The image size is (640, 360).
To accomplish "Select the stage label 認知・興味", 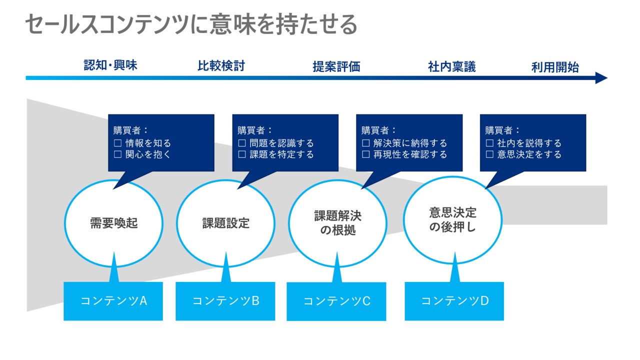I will [x=110, y=65].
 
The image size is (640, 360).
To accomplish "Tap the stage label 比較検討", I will [x=221, y=65].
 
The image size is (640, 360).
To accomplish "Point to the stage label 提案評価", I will [x=336, y=66].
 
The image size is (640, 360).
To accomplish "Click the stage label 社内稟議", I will [x=451, y=66].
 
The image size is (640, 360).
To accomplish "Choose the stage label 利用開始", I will [x=555, y=67].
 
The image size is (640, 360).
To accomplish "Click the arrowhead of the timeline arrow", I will [x=601, y=78].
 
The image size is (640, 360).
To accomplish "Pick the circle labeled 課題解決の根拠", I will [x=337, y=223].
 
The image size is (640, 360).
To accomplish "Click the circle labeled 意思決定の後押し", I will [x=452, y=220].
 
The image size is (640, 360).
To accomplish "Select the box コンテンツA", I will [x=113, y=301].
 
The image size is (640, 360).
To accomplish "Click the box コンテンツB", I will [x=225, y=301].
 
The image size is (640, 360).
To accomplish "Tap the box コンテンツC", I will [x=336, y=301].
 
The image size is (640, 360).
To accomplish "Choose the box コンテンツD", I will [x=454, y=301].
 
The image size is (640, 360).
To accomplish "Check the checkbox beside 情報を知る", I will [x=118, y=143].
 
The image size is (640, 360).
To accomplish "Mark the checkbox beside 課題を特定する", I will [x=242, y=155].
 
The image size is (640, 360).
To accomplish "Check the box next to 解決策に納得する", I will [x=365, y=143].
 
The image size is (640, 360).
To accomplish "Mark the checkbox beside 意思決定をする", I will [x=489, y=155].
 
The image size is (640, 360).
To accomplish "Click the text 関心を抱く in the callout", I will [x=148, y=155].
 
